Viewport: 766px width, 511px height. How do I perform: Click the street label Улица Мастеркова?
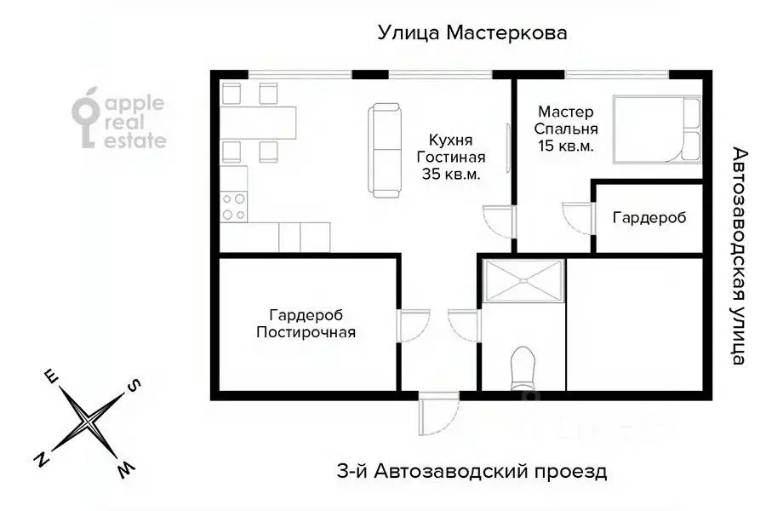(x=472, y=33)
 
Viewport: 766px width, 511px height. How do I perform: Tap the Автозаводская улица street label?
(x=739, y=255)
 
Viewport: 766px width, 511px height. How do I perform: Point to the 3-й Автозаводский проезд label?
(x=468, y=471)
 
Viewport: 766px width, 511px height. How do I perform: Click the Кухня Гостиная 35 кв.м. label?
(x=451, y=157)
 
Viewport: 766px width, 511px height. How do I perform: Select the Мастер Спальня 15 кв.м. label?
(x=566, y=128)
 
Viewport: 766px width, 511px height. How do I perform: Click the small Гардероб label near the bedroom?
(x=649, y=217)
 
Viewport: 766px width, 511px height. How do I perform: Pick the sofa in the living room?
(x=385, y=150)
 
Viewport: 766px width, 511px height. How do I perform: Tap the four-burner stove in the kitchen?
(x=234, y=206)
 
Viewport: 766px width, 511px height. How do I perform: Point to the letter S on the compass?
(x=134, y=386)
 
